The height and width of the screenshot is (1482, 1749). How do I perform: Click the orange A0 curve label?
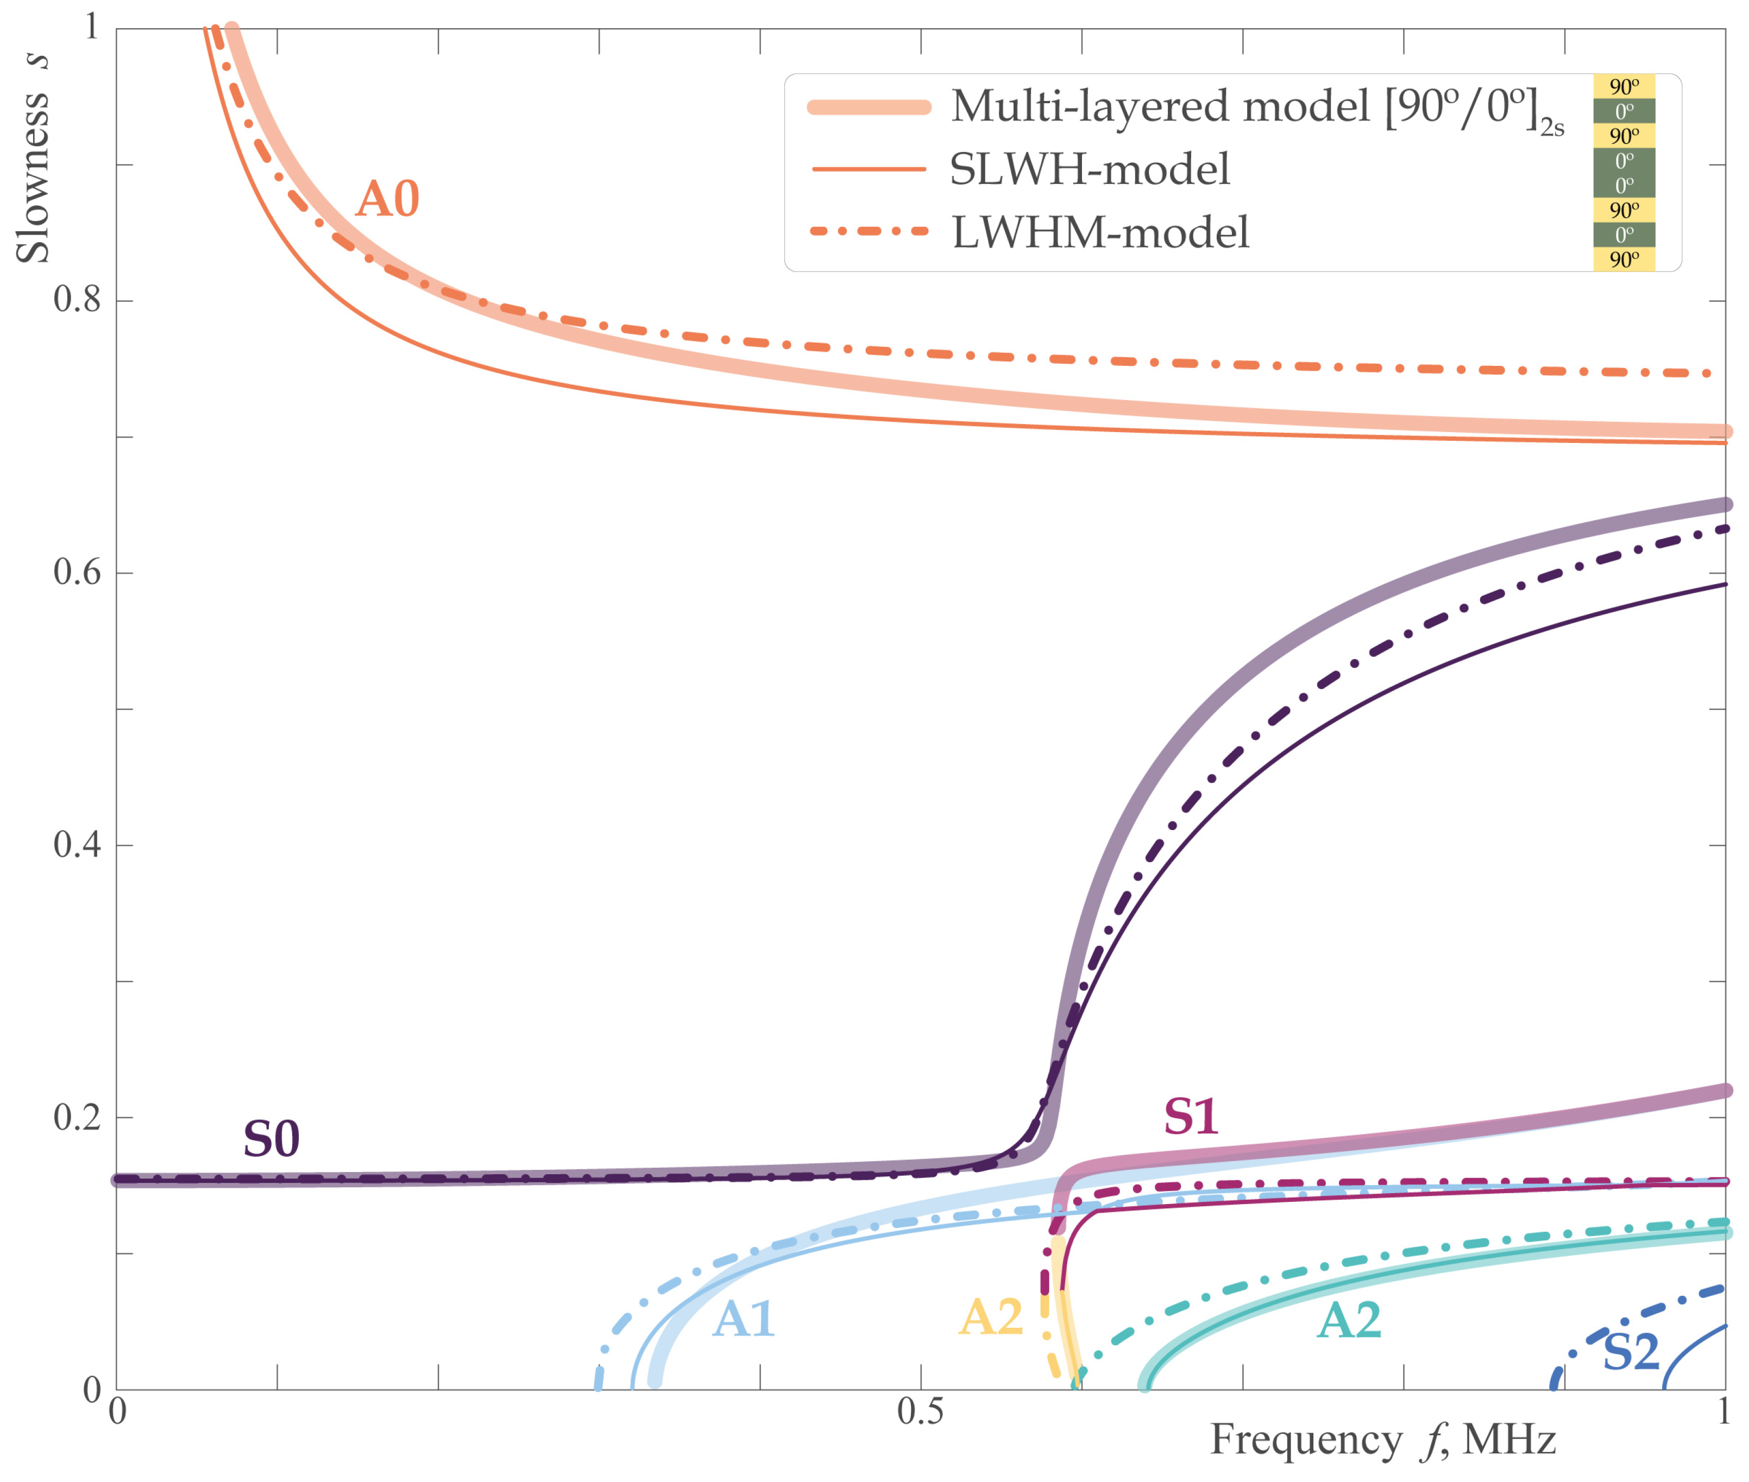point(387,200)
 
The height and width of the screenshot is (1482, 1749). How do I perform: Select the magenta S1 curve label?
point(1190,1117)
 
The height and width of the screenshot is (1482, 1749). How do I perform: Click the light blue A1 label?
point(743,1319)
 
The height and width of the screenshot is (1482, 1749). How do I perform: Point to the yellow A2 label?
point(991,1318)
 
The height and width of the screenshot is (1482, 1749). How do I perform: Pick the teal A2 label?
point(1349,1321)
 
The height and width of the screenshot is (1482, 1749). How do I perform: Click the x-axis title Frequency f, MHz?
point(1382,1440)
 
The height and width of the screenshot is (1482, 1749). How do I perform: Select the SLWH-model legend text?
point(1089,170)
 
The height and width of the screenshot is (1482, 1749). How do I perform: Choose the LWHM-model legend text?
point(1100,233)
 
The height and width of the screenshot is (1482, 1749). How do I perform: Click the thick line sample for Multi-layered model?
point(869,107)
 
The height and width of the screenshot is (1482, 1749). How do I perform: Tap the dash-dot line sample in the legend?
point(869,231)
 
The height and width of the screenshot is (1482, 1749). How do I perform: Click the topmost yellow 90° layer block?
point(1624,86)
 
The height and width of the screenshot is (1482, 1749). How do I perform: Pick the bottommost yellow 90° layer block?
point(1624,259)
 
